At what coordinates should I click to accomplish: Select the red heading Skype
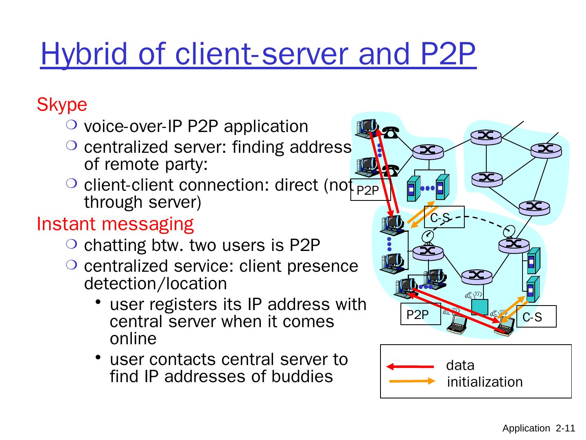tap(62, 105)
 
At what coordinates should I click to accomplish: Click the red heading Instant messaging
tap(115, 224)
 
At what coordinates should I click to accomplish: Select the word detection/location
tap(155, 284)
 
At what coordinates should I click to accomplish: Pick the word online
tap(133, 339)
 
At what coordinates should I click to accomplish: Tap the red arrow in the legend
tap(410, 366)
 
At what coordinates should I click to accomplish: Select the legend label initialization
tap(485, 382)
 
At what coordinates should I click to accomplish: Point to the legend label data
tap(460, 365)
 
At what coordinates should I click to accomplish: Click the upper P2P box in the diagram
tap(370, 190)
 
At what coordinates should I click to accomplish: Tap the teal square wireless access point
tap(480, 307)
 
